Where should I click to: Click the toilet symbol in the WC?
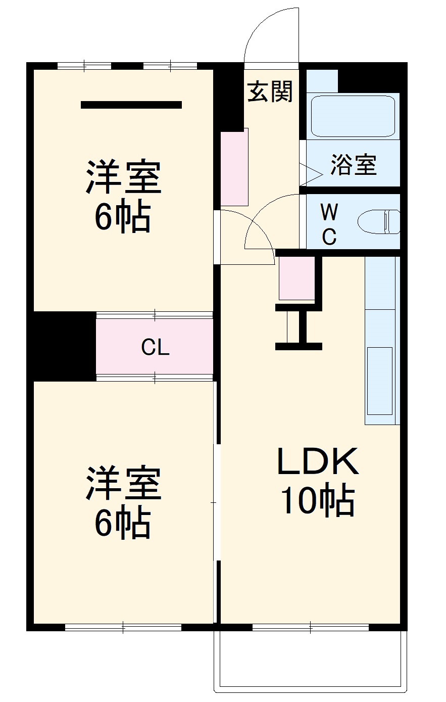click(379, 221)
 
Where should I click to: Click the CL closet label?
click(155, 347)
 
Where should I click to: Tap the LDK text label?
click(318, 461)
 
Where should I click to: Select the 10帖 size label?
click(318, 500)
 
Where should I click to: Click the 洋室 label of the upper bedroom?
click(123, 177)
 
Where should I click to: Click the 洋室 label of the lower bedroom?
click(123, 483)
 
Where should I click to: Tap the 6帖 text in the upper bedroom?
click(123, 216)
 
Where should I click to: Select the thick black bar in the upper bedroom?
click(131, 105)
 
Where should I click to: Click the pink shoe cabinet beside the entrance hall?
click(234, 167)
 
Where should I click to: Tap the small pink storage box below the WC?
click(296, 278)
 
